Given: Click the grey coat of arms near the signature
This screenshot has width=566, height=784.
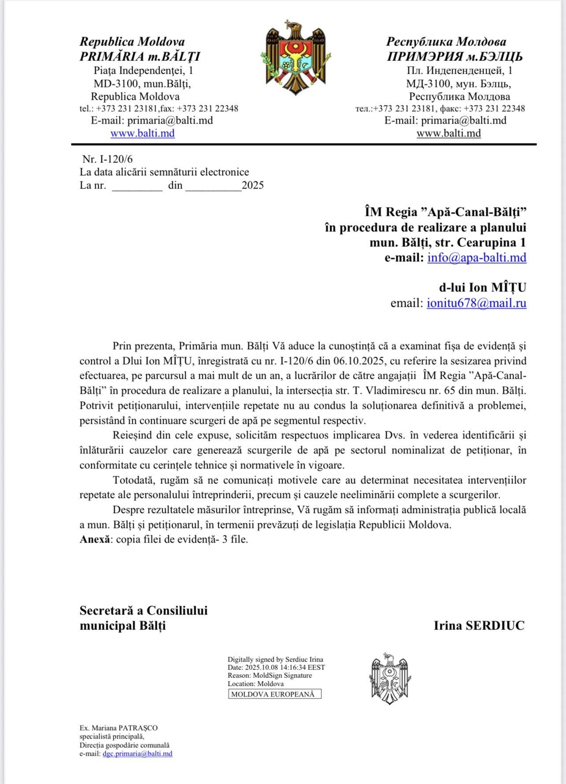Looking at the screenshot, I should (390, 678).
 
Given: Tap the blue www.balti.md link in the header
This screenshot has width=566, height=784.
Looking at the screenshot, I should (142, 133).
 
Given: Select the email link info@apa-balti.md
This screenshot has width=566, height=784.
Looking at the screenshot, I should (477, 257).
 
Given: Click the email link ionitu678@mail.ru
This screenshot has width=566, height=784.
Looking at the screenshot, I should (476, 303).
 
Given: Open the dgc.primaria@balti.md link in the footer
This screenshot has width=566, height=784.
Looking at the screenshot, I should (137, 754).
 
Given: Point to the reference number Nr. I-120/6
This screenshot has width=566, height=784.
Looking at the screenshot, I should (107, 159).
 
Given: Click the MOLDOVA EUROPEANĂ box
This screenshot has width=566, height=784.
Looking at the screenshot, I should (275, 694).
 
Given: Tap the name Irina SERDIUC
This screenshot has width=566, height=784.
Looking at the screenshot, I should (479, 625).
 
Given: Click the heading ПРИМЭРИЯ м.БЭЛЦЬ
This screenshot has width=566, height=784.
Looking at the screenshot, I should (454, 57).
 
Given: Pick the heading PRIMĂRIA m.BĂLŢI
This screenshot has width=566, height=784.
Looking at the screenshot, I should (140, 57).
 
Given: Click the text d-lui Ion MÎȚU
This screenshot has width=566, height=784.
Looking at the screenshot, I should (482, 287).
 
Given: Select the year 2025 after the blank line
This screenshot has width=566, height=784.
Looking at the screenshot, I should (253, 185).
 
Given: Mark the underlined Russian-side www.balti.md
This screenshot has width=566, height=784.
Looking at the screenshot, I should (448, 133).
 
